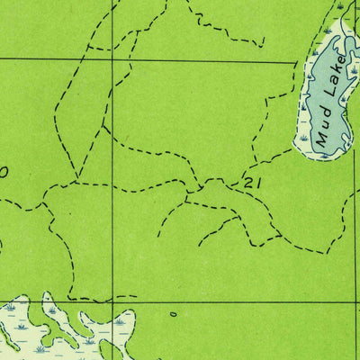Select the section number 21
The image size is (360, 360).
(x=252, y=183)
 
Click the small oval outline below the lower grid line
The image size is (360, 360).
(x=172, y=314)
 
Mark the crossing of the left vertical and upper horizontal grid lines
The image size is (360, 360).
(x=112, y=60)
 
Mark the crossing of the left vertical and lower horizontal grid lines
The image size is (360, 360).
(x=112, y=301)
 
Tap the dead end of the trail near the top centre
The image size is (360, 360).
(x=264, y=44)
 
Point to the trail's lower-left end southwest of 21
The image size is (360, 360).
(x=158, y=236)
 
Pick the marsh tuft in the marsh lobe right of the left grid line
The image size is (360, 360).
(x=119, y=320)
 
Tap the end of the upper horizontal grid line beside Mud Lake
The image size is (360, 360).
(x=297, y=61)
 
